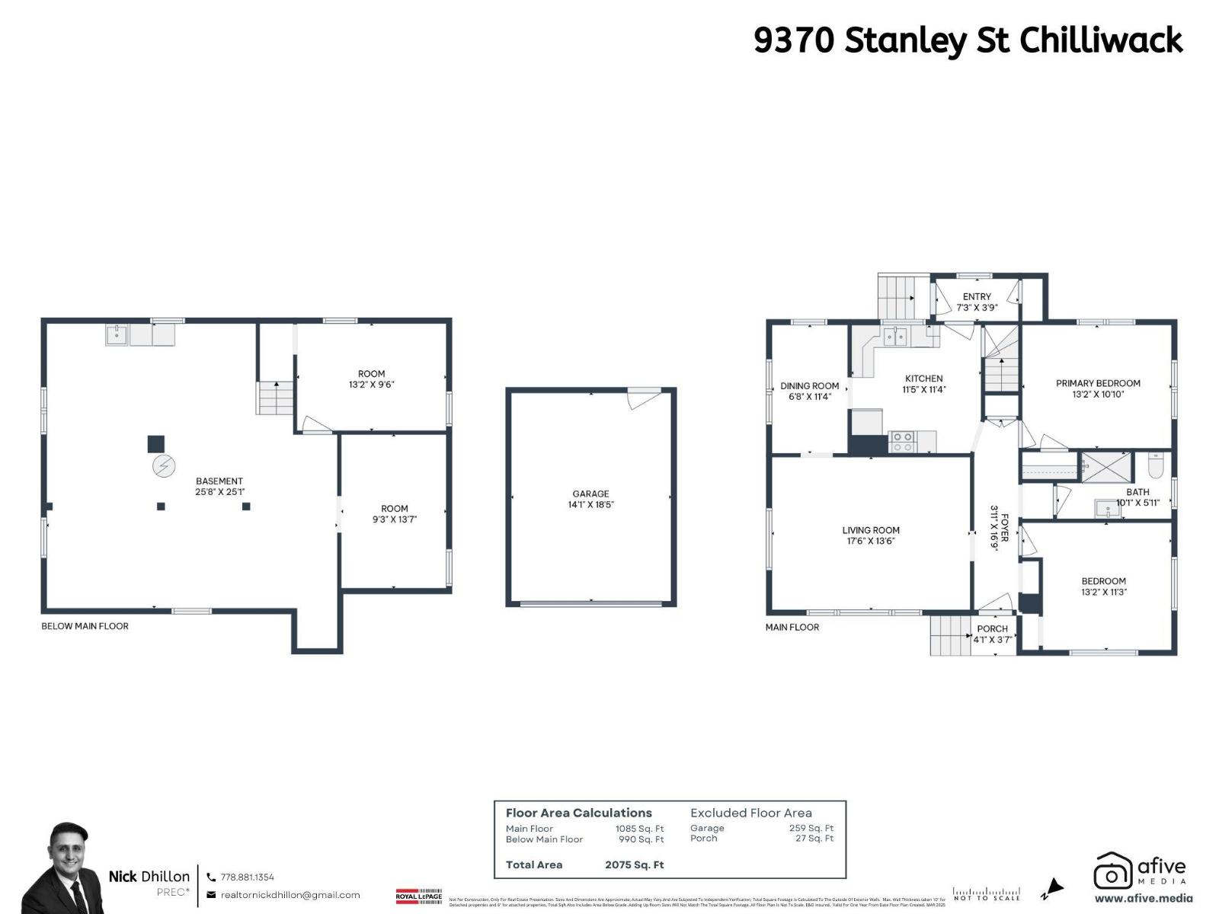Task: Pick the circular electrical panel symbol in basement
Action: [x=163, y=466]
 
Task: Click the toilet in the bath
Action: [x=1155, y=464]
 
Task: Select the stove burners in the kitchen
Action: [x=903, y=442]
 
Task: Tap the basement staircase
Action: [x=274, y=398]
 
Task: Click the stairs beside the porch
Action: [x=948, y=635]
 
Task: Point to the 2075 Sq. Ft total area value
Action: [x=635, y=864]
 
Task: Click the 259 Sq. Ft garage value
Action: [x=811, y=828]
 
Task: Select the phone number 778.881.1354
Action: [x=247, y=877]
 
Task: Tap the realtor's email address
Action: [x=290, y=895]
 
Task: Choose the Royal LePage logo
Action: [x=419, y=896]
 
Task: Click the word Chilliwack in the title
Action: [x=1101, y=40]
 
